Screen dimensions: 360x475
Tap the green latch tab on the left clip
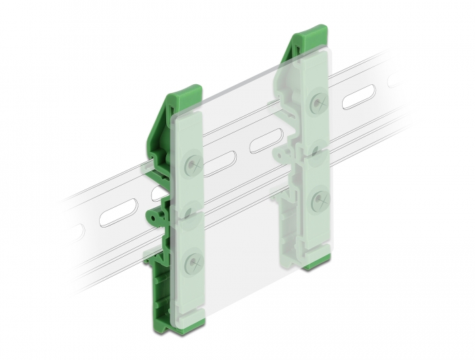point(156,214)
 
